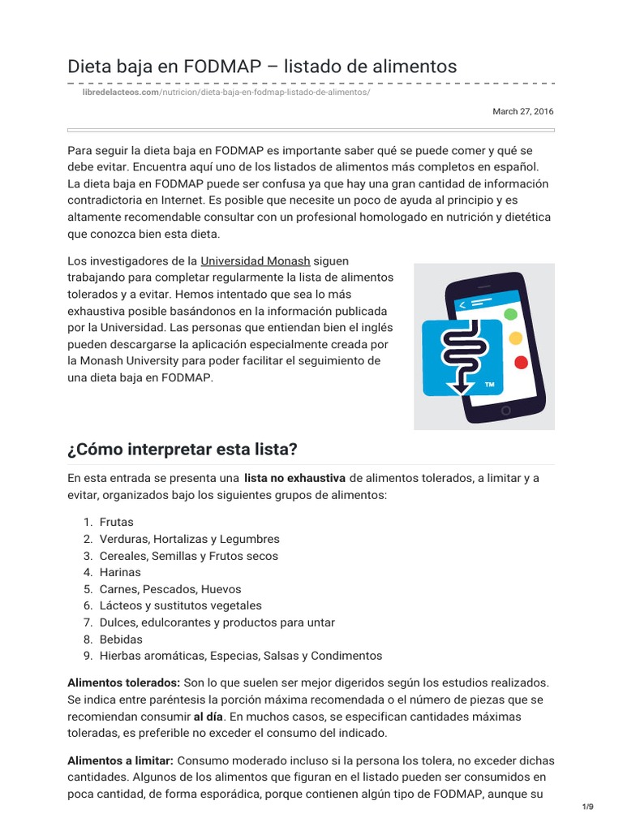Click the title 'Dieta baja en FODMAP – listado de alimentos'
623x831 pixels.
262,65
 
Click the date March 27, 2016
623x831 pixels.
523,111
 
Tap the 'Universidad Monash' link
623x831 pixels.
256,260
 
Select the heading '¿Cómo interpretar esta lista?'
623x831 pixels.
183,449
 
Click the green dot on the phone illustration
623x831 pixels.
510,313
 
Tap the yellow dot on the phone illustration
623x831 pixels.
514,338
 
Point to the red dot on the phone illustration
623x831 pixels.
521,362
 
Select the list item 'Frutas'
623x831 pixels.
116,523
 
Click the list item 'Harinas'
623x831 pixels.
120,572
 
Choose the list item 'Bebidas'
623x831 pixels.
121,639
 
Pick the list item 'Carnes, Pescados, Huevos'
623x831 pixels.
170,589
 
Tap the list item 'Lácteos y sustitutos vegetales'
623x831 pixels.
180,605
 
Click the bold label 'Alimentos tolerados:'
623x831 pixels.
123,682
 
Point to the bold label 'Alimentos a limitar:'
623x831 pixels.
120,760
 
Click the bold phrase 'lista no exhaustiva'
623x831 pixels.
294,478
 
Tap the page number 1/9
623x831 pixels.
588,806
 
